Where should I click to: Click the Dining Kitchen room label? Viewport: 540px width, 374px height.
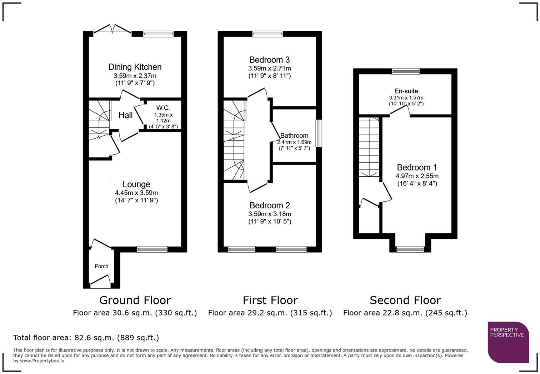pos(135,67)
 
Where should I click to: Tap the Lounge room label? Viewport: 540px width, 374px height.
pos(136,184)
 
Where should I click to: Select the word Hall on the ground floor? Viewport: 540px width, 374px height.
pos(126,115)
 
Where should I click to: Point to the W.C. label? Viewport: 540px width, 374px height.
pos(163,108)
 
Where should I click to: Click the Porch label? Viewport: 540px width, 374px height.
pos(101,266)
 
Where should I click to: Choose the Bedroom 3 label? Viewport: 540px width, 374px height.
pos(270,60)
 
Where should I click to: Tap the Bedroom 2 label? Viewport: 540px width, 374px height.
pos(270,206)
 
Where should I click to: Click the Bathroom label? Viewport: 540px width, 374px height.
pos(294,135)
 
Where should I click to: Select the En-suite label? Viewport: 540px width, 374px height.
pos(406,91)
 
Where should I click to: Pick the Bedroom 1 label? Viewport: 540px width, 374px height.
pos(417,167)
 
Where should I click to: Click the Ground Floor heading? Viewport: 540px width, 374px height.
pos(135,300)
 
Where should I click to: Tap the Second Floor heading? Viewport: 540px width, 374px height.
pos(405,300)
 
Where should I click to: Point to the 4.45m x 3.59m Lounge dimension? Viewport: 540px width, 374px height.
pos(136,193)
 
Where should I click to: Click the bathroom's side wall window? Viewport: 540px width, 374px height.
pos(319,133)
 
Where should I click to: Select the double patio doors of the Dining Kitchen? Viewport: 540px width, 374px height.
pos(112,29)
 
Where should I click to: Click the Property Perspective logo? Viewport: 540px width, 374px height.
pos(509,343)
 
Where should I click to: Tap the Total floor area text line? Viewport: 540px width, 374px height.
pos(86,338)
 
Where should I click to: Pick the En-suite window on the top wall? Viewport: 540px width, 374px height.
pos(406,71)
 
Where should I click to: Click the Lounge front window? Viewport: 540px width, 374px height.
pos(152,249)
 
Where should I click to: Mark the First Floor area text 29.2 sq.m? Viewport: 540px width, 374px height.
pos(270,313)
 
